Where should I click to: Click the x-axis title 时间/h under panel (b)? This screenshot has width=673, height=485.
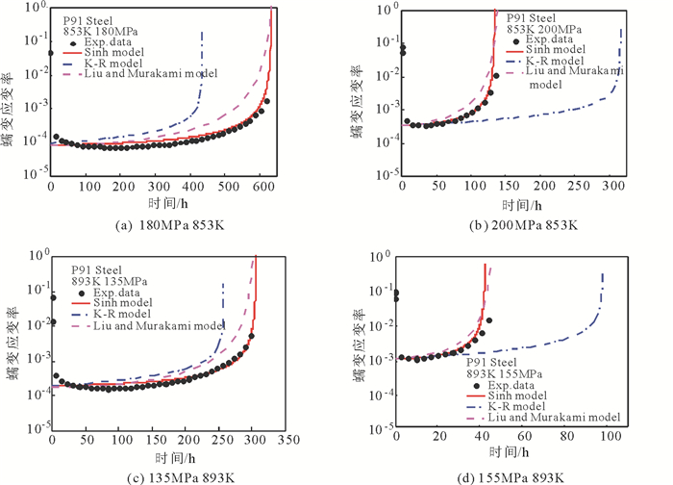[x=511, y=204]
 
